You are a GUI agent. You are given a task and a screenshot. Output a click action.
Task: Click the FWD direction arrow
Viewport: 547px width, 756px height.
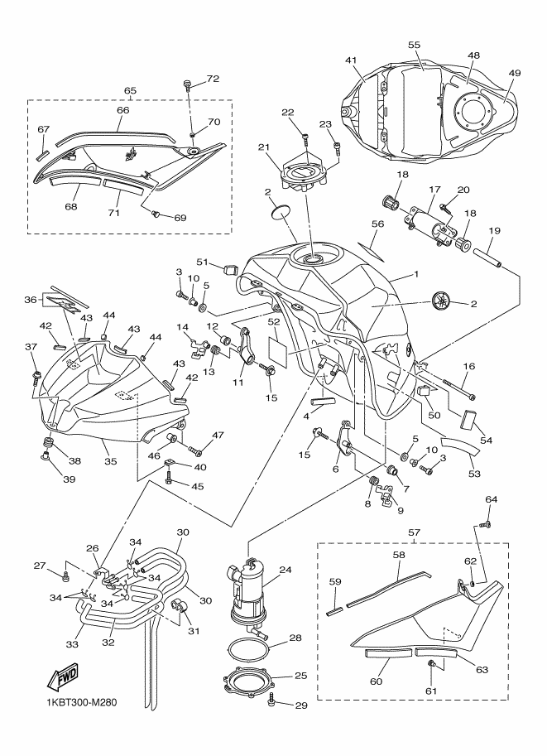click(62, 676)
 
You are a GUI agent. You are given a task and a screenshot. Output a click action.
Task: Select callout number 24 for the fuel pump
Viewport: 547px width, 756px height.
click(285, 570)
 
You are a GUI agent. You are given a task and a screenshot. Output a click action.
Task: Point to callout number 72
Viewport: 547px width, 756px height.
click(213, 79)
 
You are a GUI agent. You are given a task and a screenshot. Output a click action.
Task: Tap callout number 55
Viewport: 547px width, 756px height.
click(414, 45)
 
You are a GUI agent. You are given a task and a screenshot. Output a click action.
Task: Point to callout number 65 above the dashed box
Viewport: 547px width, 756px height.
click(130, 90)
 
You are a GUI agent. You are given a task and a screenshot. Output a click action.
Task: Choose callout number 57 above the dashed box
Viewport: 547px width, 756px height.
click(414, 532)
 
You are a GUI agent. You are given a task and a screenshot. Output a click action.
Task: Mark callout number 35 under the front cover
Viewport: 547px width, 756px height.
click(110, 461)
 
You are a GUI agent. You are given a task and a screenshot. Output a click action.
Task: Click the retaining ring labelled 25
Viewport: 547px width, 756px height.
click(247, 679)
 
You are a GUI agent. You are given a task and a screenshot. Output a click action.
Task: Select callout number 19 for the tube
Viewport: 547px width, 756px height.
click(495, 230)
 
